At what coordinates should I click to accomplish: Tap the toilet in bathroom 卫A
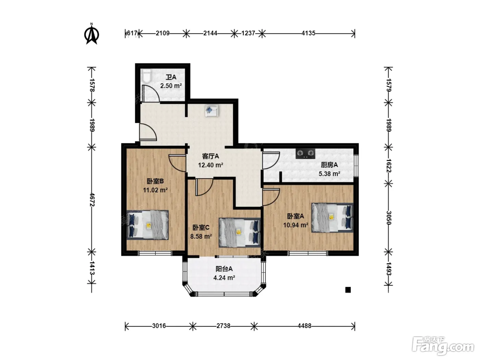tap(146, 76)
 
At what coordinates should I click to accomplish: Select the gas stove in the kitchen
tap(305, 154)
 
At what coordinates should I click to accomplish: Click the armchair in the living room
tap(212, 111)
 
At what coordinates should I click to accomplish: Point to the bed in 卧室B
tap(147, 225)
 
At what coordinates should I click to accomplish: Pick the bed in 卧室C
tap(240, 232)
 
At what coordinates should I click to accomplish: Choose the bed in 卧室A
tap(332, 218)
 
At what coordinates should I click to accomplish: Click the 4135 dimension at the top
tap(308, 33)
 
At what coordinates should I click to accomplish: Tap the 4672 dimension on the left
tap(92, 200)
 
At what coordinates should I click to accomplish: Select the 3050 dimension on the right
tap(388, 217)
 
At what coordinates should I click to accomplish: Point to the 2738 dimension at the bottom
tap(223, 326)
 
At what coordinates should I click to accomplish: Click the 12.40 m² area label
tap(211, 165)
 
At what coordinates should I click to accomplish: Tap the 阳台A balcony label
tap(224, 269)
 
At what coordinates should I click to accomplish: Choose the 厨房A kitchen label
tap(329, 165)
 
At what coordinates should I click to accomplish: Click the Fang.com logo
tap(443, 346)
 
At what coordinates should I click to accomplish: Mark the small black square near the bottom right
tap(348, 290)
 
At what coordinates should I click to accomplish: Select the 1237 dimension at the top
tap(248, 33)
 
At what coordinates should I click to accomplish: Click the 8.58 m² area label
tap(201, 236)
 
